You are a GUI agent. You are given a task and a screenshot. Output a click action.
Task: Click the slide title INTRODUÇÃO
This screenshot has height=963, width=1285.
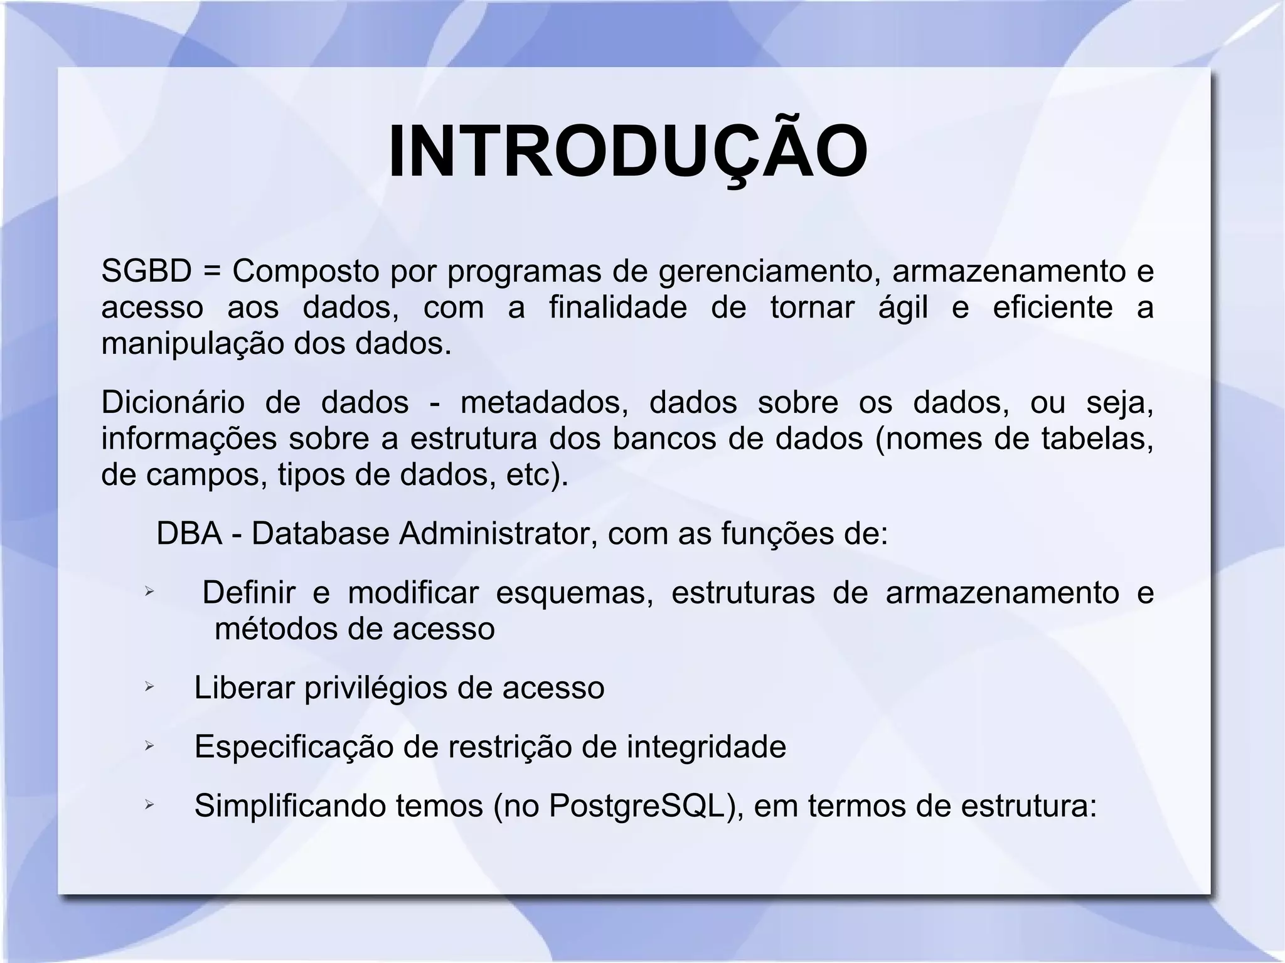point(628,152)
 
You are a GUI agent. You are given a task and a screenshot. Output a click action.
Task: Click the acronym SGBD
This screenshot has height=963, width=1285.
point(146,271)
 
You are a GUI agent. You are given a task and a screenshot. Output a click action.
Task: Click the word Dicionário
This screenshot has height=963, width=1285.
point(173,402)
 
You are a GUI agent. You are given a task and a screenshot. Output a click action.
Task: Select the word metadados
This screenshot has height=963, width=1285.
point(544,402)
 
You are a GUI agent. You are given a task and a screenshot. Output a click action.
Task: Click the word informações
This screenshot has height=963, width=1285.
point(189,439)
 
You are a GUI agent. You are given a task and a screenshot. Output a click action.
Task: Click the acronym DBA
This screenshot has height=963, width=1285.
point(189,534)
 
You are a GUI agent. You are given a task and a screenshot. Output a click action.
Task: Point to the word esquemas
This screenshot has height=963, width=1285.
point(574,593)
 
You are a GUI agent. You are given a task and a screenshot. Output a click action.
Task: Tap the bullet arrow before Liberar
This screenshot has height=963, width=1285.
point(149,688)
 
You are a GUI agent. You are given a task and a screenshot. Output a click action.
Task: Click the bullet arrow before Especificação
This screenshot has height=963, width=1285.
point(149,746)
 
